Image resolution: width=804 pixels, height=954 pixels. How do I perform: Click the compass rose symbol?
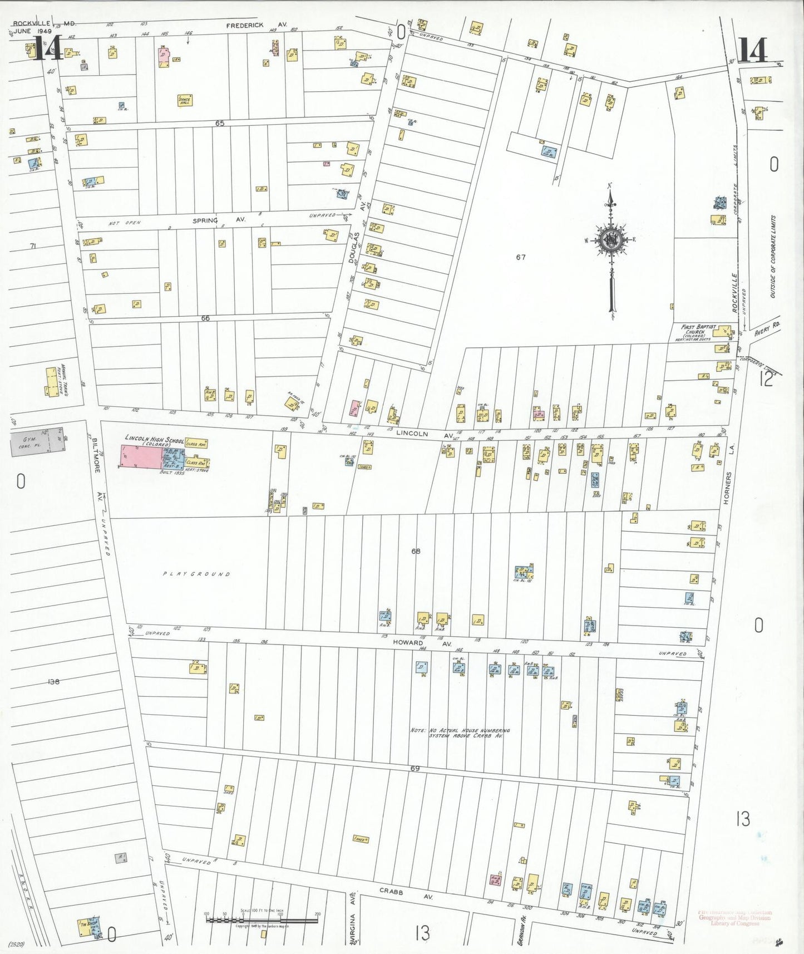[611, 240]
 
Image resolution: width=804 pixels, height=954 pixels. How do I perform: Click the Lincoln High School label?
[154, 440]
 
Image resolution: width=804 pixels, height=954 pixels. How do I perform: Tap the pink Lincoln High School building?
[141, 457]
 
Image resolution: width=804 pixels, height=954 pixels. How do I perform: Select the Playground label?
[196, 574]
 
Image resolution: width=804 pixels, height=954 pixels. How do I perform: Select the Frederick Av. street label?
[257, 25]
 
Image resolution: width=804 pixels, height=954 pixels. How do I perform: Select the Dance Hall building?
[184, 100]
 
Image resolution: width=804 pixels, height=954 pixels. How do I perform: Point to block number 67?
[520, 257]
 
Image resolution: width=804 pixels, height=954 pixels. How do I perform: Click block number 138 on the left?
[53, 681]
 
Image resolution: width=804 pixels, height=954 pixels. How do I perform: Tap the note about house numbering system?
[460, 732]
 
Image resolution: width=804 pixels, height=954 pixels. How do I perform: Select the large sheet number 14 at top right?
[753, 50]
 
